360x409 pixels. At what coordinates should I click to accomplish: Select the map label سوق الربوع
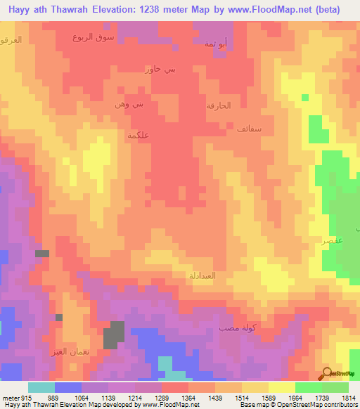90,37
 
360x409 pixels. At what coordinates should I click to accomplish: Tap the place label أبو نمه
215,44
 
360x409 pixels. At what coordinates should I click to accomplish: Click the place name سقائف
250,129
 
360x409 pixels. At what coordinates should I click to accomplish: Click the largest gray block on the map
114,335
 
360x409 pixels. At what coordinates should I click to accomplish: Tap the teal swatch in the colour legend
41,387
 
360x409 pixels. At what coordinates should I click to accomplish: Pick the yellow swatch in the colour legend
281,387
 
